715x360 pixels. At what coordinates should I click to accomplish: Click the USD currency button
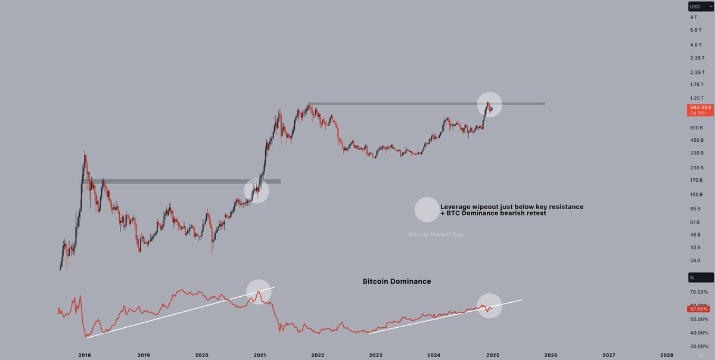tap(700, 7)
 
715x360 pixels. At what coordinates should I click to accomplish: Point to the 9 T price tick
tap(693, 18)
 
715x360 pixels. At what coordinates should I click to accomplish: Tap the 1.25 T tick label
tap(697, 98)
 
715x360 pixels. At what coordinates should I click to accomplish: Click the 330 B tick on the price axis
tap(696, 153)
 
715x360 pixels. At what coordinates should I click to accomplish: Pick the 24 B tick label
tap(695, 260)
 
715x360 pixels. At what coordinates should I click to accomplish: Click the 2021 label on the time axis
tap(260, 354)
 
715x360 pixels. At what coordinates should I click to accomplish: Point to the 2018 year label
tap(84, 354)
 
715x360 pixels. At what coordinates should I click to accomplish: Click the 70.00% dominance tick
tap(699, 291)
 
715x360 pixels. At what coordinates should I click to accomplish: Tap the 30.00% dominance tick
tap(699, 346)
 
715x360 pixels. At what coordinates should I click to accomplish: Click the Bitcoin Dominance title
tap(397, 281)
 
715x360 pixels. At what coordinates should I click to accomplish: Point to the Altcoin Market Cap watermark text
tap(436, 234)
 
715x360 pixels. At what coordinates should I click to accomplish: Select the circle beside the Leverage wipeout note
tap(427, 209)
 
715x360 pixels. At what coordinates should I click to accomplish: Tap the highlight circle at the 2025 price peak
tap(490, 104)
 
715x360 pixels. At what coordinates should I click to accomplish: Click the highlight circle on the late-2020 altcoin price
tap(257, 191)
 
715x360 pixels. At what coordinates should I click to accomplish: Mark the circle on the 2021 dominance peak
tap(258, 291)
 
